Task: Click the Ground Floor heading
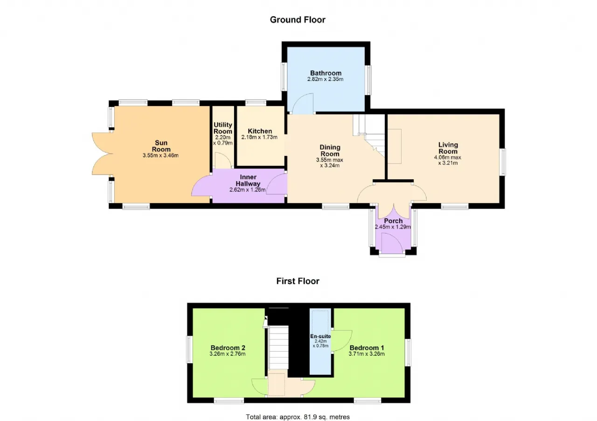click(298, 20)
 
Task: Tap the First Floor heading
click(298, 281)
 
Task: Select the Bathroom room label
click(326, 73)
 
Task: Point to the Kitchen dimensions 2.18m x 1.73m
click(259, 137)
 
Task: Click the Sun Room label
click(161, 146)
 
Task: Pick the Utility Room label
click(223, 128)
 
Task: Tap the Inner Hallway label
click(248, 180)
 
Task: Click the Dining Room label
click(330, 150)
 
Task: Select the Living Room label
click(448, 148)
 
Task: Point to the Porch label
click(393, 221)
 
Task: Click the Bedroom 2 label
click(228, 348)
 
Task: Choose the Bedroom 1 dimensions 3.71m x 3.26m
click(367, 354)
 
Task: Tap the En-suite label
click(320, 336)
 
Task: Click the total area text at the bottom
click(298, 417)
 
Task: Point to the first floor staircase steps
click(278, 347)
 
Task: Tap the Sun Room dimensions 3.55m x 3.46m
click(160, 156)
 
